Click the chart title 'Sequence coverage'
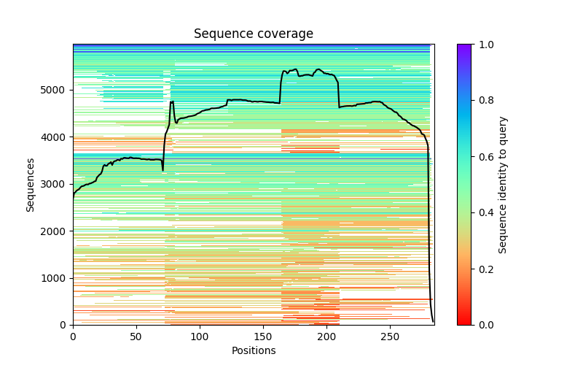[253, 34]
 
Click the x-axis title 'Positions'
[253, 350]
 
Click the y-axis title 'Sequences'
[31, 184]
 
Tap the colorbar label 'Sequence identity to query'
[503, 184]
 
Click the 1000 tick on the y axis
[55, 278]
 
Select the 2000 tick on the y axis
[55, 231]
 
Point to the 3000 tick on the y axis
[55, 184]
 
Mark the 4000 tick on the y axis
[55, 137]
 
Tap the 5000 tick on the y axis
[55, 90]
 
